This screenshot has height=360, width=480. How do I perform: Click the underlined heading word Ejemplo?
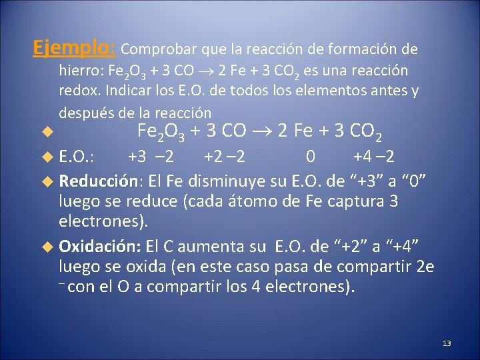click(x=73, y=48)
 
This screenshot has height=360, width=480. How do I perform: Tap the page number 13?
click(x=447, y=343)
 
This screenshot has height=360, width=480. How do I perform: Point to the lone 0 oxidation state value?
click(x=310, y=157)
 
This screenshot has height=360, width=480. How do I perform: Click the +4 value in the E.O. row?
click(x=362, y=157)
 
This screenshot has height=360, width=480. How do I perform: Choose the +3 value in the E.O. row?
click(x=137, y=157)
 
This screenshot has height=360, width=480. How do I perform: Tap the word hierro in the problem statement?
click(x=76, y=71)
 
